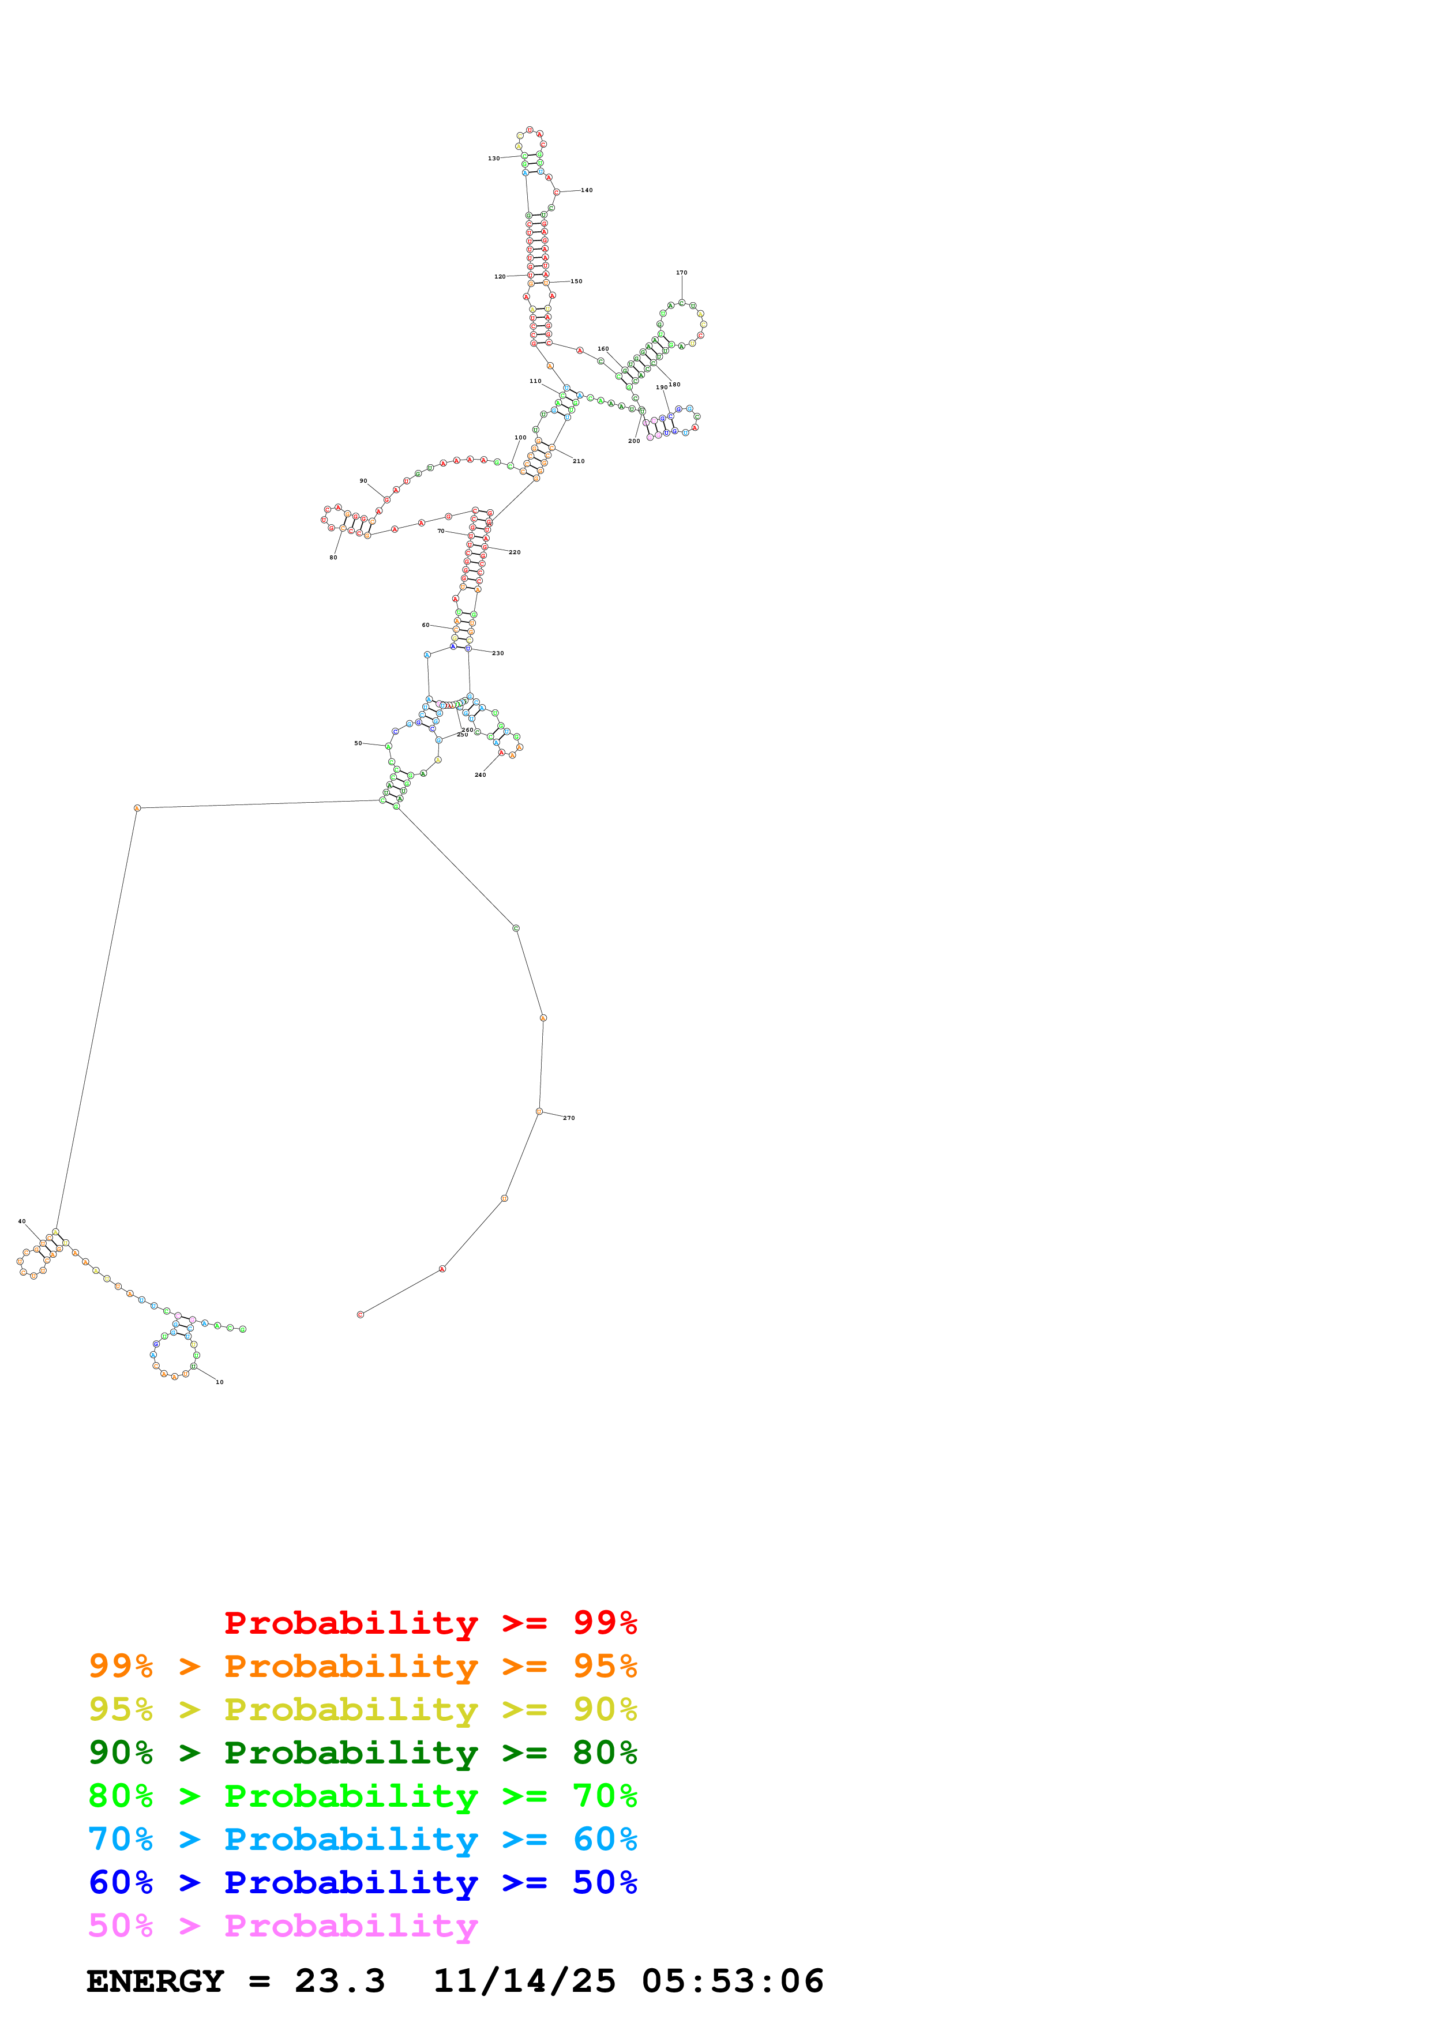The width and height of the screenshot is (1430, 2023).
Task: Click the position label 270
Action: tap(569, 1118)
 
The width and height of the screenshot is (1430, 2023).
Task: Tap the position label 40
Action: tap(22, 1221)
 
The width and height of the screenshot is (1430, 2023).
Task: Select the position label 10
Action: tap(219, 1382)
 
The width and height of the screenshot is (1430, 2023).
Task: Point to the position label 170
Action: tap(681, 273)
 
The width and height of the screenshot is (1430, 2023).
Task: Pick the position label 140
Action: tap(587, 190)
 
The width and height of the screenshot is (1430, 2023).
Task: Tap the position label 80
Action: tap(333, 558)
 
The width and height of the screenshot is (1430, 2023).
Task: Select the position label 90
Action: tap(363, 481)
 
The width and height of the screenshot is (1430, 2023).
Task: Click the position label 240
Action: tap(480, 776)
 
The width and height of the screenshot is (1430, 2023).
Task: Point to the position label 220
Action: tap(515, 552)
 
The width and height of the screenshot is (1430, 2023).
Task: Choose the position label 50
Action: tap(358, 744)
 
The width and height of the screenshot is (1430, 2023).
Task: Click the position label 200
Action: tap(633, 441)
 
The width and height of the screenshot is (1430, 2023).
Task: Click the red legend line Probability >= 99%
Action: tap(430, 1622)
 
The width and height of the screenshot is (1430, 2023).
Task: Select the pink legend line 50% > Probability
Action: tap(283, 1926)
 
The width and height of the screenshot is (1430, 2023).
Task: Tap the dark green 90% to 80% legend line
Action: tap(362, 1753)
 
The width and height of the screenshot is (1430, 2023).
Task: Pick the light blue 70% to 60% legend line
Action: tap(362, 1839)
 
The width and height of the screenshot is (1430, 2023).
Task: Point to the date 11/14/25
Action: tap(524, 1981)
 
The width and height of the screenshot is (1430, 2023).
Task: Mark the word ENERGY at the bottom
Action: tap(155, 1981)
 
